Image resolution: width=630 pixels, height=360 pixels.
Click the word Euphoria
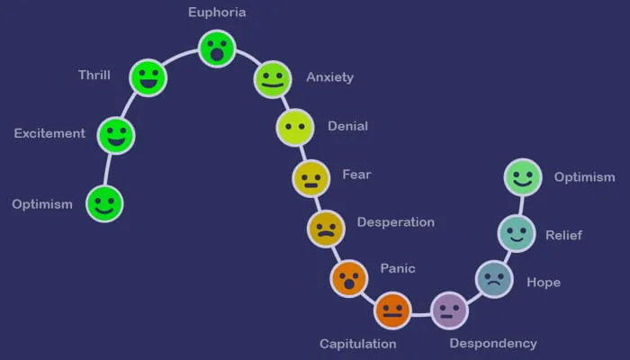pyautogui.click(x=217, y=13)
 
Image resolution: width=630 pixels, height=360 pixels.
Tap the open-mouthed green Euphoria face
pyautogui.click(x=217, y=49)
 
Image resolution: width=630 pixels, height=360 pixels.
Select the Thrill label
pyautogui.click(x=94, y=75)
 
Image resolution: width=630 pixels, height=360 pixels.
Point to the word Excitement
pyautogui.click(x=49, y=134)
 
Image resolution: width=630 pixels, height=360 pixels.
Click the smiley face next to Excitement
pyautogui.click(x=115, y=135)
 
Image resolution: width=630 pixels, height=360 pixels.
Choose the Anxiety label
pyautogui.click(x=329, y=77)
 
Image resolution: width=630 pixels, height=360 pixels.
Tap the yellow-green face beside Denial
pyautogui.click(x=293, y=127)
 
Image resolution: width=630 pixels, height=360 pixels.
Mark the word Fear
pyautogui.click(x=356, y=175)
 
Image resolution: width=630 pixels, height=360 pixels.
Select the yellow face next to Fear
pyautogui.click(x=310, y=178)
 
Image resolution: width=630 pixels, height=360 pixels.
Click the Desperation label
pyautogui.click(x=395, y=222)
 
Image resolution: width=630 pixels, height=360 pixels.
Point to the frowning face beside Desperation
pyautogui.click(x=326, y=229)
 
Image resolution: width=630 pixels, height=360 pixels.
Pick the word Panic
pyautogui.click(x=398, y=268)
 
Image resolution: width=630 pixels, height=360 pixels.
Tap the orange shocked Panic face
pyautogui.click(x=348, y=278)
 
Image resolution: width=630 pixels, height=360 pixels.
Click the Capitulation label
pyautogui.click(x=358, y=344)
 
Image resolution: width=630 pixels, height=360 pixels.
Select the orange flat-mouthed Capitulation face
pyautogui.click(x=391, y=310)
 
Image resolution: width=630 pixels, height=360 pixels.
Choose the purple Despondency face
pyautogui.click(x=449, y=310)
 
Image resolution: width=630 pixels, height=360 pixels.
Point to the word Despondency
pyautogui.click(x=493, y=343)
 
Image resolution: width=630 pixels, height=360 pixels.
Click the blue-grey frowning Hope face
pyautogui.click(x=493, y=278)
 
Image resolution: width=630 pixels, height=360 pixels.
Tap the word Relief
pyautogui.click(x=563, y=236)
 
